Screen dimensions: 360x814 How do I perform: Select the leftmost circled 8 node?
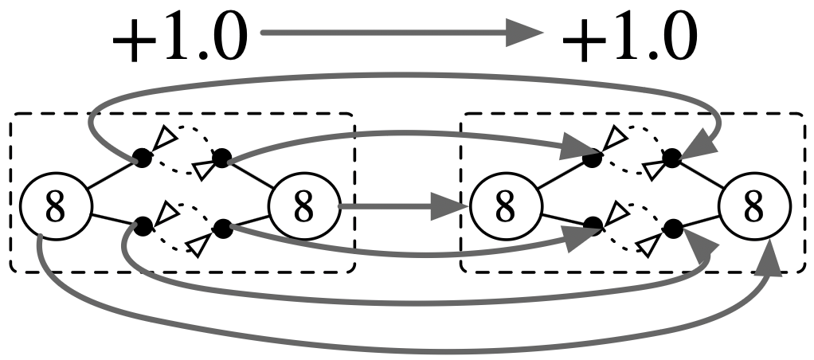[53, 208]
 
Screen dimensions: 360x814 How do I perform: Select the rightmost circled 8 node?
[753, 208]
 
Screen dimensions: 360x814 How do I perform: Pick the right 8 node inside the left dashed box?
[303, 208]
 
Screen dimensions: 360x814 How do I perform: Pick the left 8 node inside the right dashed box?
[503, 208]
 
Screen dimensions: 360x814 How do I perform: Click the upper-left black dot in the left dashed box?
[142, 158]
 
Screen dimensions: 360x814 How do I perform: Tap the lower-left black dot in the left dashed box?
[143, 226]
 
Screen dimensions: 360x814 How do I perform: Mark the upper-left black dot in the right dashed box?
[592, 158]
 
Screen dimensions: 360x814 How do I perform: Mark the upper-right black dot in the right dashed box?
[672, 158]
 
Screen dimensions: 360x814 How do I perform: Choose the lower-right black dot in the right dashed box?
[673, 229]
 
